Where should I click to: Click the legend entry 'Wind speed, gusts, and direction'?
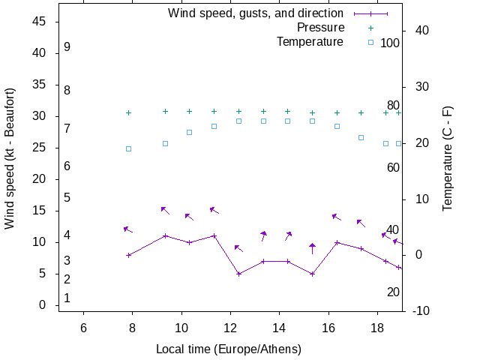click(x=255, y=13)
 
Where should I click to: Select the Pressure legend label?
click(x=320, y=27)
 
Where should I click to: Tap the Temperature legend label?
click(x=310, y=41)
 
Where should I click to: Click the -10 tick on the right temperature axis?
click(x=421, y=311)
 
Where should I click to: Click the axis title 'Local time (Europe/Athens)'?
click(x=229, y=349)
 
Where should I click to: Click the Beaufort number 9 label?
click(x=67, y=47)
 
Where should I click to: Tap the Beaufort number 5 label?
click(x=67, y=198)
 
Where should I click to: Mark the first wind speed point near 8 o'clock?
click(x=129, y=255)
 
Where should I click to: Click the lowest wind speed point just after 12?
click(x=239, y=274)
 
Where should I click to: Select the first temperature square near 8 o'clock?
click(x=129, y=148)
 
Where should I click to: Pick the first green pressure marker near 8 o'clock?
click(x=129, y=112)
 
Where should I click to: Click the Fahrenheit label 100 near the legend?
click(x=390, y=43)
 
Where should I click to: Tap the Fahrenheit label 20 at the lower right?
click(x=393, y=292)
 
